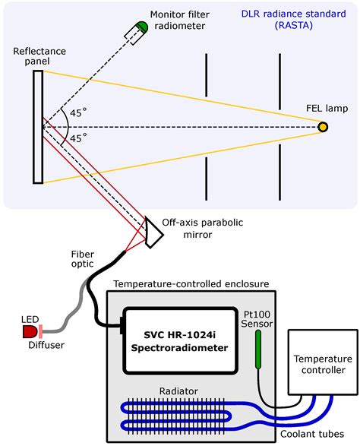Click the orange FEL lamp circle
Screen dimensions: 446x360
[323, 126]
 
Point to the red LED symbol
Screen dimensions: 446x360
[30, 331]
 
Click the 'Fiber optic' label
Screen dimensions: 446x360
[82, 258]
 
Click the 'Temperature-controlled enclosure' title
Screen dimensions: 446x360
[191, 283]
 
